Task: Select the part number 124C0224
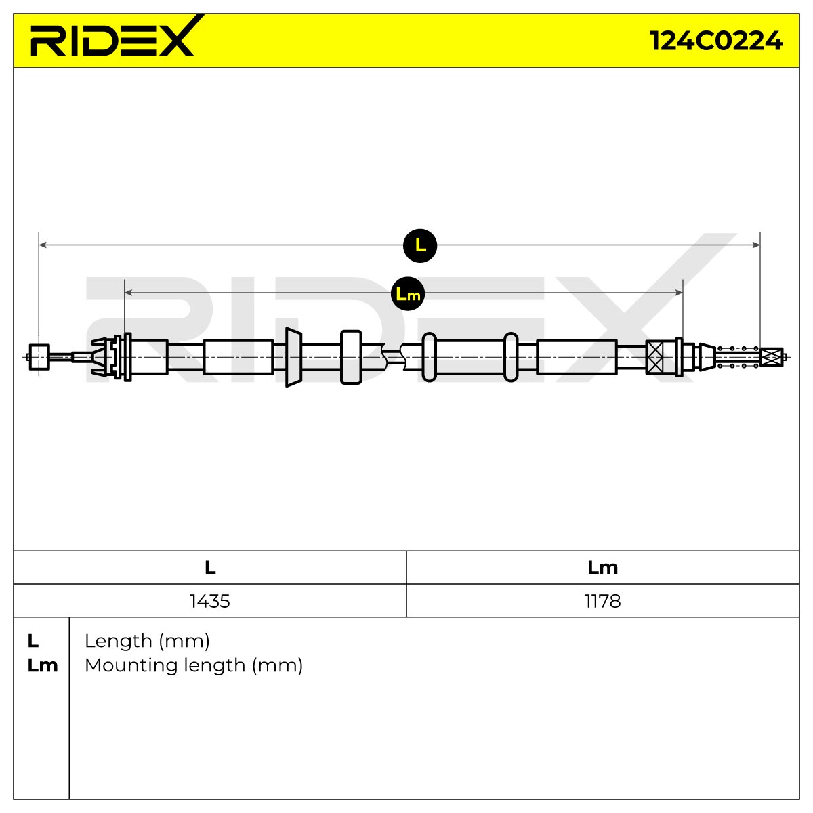click(716, 41)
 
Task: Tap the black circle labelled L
click(420, 245)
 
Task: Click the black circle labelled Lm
click(408, 294)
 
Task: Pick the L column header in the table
click(210, 568)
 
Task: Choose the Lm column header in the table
click(602, 568)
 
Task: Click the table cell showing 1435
click(209, 601)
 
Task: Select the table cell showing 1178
click(602, 601)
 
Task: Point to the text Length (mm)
click(147, 642)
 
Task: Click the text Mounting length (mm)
click(194, 665)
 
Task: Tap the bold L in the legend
click(33, 642)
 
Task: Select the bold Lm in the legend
click(43, 666)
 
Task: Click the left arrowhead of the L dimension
click(42, 245)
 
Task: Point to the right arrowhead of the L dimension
click(757, 245)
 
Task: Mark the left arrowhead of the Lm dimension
click(128, 293)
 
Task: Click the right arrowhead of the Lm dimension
click(680, 293)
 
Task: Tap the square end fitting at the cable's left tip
click(39, 357)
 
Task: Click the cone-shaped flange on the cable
click(293, 357)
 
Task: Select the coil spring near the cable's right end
click(738, 357)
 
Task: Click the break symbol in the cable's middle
click(394, 357)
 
